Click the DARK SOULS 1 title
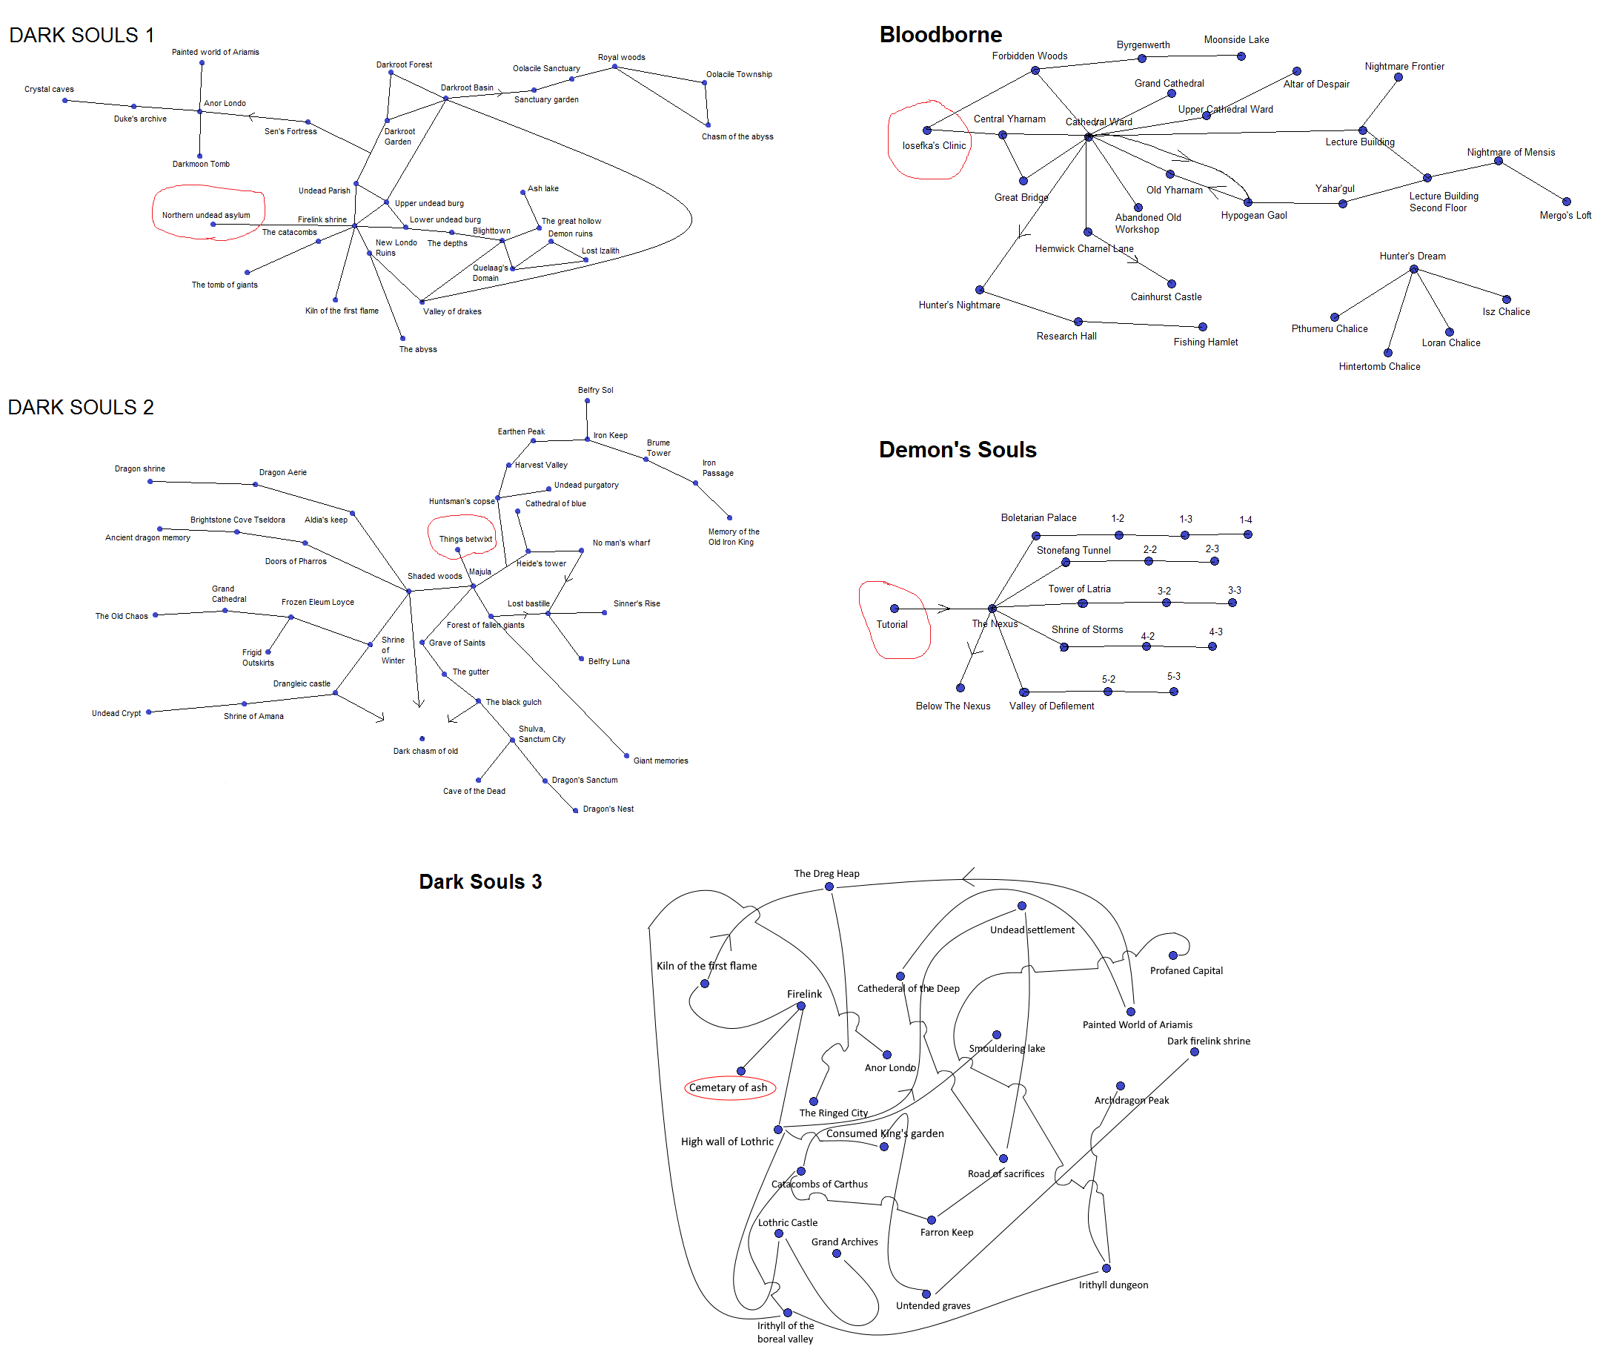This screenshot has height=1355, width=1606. tap(82, 36)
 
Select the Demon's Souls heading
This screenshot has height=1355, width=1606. tap(957, 449)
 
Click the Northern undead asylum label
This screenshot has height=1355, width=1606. tap(206, 215)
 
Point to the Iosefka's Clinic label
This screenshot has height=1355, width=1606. tap(933, 145)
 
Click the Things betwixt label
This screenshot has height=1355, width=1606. tap(465, 538)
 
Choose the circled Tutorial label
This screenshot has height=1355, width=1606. tap(891, 623)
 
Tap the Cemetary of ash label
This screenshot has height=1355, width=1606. tap(727, 1087)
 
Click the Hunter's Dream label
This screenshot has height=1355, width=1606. tap(1412, 256)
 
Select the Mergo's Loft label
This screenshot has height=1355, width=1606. tap(1564, 215)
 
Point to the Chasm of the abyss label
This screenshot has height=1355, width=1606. tap(737, 136)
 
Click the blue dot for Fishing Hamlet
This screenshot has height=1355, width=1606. tap(1202, 327)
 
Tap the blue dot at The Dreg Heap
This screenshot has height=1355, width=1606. tap(829, 887)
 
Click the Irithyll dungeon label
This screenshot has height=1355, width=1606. tap(1112, 1285)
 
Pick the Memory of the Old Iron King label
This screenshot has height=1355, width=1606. tap(733, 536)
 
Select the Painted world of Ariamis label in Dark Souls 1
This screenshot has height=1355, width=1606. tap(215, 52)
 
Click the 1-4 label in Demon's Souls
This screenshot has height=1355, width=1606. tap(1245, 520)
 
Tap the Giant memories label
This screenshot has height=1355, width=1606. tap(660, 761)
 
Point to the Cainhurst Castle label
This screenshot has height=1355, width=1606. tap(1165, 296)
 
